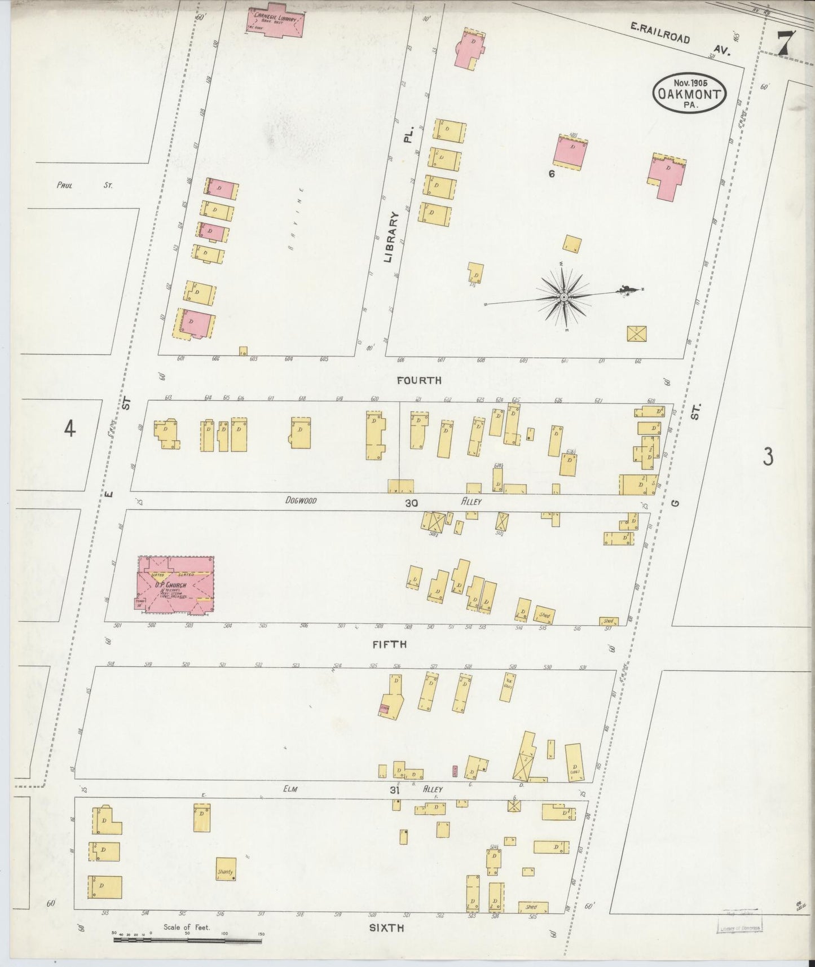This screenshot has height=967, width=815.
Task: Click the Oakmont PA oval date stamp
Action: [689, 93]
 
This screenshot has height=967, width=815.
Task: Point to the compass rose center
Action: [563, 297]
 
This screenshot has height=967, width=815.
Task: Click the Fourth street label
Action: [418, 380]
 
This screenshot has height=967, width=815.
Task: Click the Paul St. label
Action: [85, 184]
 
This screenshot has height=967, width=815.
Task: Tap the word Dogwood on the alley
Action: [301, 500]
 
